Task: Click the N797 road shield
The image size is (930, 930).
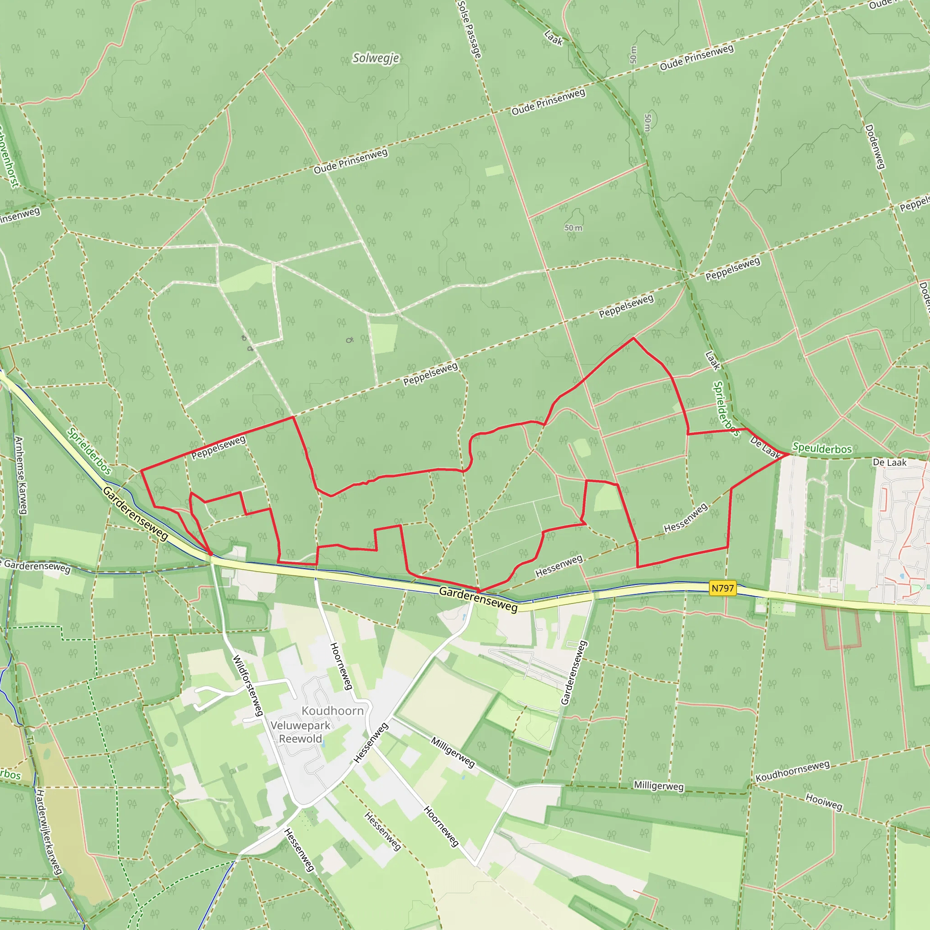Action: [x=722, y=588]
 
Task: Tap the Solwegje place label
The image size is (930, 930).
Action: [x=376, y=58]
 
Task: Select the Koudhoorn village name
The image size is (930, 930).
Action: [x=332, y=711]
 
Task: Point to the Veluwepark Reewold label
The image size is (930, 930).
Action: [x=300, y=732]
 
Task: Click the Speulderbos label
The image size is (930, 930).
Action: [x=821, y=449]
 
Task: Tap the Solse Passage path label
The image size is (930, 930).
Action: [x=470, y=29]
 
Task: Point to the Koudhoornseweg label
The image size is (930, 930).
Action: [x=792, y=771]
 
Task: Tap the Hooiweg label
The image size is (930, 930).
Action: [x=824, y=802]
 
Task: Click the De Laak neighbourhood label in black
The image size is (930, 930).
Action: [x=890, y=463]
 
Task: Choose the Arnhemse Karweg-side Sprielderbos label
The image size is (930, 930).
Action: [x=89, y=451]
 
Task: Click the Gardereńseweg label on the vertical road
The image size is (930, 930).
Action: [x=574, y=673]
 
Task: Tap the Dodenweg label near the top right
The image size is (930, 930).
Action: [x=875, y=147]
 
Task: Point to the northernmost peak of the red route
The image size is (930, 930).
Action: [x=633, y=338]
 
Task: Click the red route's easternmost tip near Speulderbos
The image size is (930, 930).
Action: [x=789, y=454]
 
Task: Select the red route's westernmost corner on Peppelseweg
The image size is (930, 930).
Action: [x=141, y=470]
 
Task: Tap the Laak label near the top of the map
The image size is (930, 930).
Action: [x=554, y=38]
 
